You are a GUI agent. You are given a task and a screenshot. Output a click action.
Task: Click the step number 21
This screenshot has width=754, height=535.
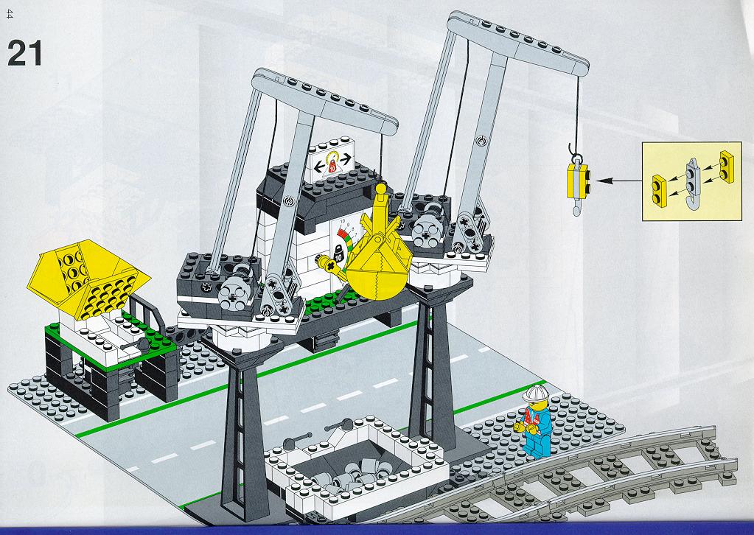(24, 53)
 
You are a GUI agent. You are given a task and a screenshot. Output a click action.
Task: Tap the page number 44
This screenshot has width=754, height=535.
(10, 15)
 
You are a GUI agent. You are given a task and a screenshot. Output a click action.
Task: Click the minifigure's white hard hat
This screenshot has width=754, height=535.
(534, 393)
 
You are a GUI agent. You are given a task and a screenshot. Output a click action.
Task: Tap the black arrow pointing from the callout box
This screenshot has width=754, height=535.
(619, 181)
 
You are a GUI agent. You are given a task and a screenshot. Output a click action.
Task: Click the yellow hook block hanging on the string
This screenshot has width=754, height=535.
(579, 181)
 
